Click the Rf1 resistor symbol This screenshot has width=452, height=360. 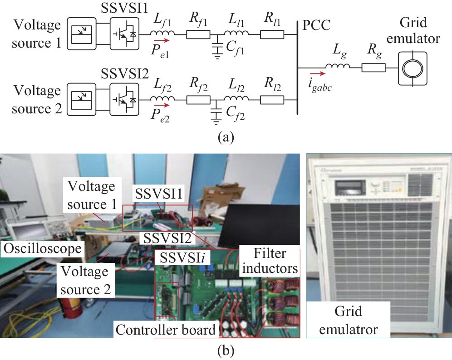tap(198, 34)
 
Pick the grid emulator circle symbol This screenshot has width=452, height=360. tap(413, 68)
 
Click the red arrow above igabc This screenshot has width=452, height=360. tap(317, 73)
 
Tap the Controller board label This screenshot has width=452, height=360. tap(165, 330)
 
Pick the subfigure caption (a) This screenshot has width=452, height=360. tap(226, 136)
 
